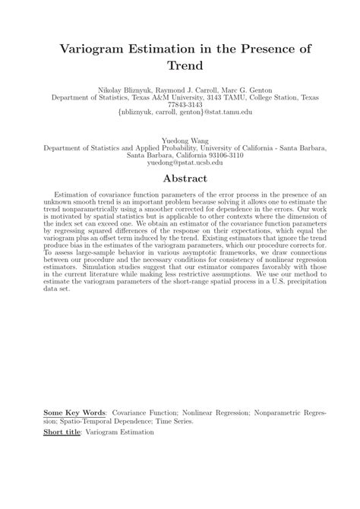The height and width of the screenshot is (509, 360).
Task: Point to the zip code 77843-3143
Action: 180,104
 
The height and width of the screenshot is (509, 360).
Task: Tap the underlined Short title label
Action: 62,432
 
